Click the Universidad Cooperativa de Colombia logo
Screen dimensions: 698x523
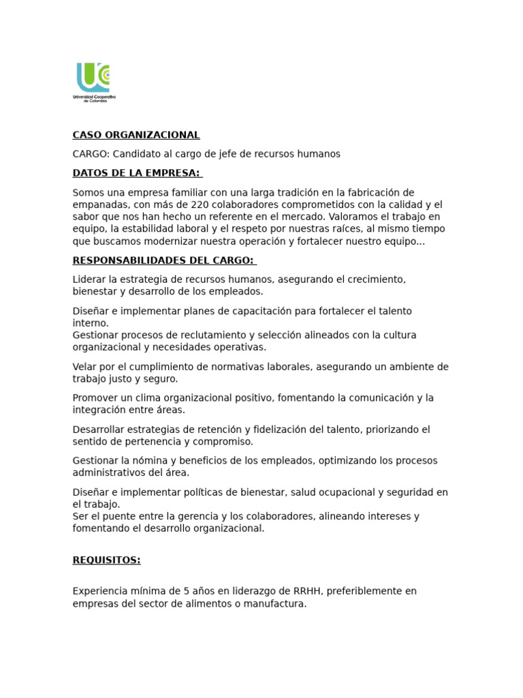(94, 81)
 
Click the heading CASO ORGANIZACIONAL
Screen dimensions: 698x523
(136, 135)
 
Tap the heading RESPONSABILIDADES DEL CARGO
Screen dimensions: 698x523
(163, 260)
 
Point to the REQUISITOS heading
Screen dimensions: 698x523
(106, 560)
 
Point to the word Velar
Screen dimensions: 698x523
(85, 367)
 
